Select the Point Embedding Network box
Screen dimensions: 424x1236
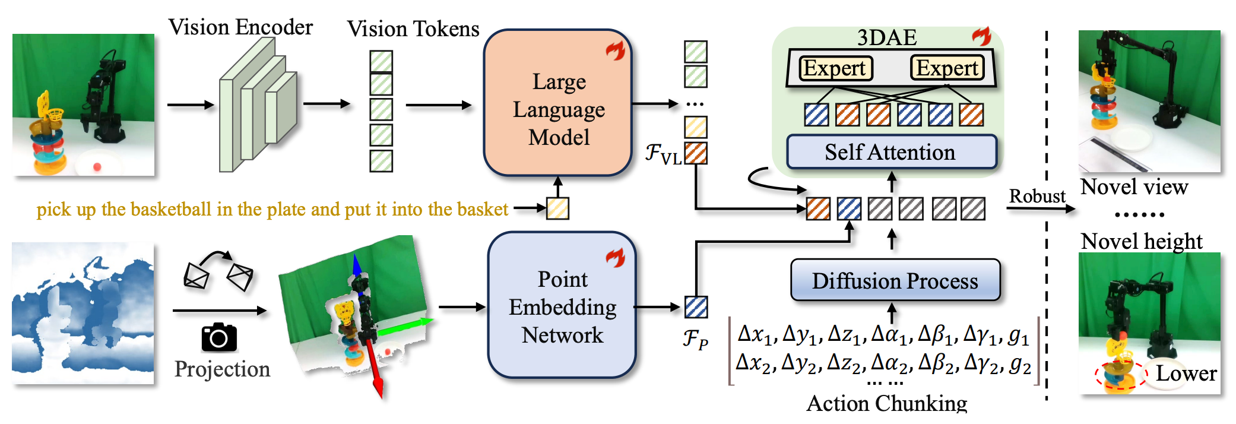click(562, 306)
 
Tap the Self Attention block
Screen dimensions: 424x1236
click(891, 152)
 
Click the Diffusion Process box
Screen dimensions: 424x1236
click(895, 280)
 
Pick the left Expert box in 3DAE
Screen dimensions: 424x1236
click(835, 68)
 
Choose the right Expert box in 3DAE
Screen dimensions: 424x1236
click(947, 68)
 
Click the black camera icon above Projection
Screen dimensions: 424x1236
click(219, 337)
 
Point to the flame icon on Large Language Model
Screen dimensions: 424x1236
click(616, 50)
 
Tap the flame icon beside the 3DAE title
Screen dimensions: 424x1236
click(982, 36)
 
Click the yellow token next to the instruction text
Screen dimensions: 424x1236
click(557, 208)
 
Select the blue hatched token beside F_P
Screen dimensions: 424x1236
click(696, 307)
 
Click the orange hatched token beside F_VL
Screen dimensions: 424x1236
click(696, 153)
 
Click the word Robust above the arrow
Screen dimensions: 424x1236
click(1037, 196)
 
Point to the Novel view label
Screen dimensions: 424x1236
click(1134, 187)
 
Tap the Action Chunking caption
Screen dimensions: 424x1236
click(887, 404)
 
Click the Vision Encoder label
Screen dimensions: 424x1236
click(240, 27)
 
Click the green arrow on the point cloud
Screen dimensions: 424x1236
click(410, 325)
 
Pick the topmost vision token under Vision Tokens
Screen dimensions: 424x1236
click(381, 61)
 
